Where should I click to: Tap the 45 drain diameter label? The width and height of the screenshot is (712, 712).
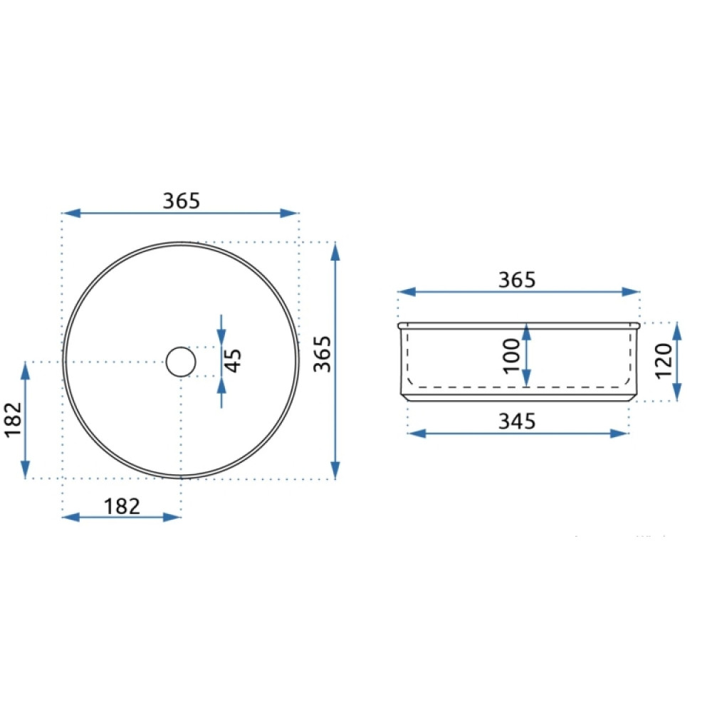tap(233, 361)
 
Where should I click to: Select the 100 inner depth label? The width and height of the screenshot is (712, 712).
tap(512, 356)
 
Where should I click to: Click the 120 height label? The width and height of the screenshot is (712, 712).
tap(664, 360)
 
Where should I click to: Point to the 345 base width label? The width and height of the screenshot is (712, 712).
tap(517, 422)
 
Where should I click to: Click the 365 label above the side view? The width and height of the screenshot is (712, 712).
tap(517, 280)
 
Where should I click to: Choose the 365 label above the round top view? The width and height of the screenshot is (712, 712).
tap(181, 201)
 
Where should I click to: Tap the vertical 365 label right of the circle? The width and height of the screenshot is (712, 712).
tap(323, 354)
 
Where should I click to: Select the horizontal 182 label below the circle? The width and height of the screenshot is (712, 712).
tap(122, 506)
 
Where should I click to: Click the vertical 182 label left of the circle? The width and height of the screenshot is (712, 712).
tap(14, 419)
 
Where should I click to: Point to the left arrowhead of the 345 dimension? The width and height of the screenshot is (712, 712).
tap(417, 433)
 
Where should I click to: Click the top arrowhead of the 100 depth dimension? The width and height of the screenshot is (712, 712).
tap(526, 332)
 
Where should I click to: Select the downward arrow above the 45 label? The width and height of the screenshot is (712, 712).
tap(221, 330)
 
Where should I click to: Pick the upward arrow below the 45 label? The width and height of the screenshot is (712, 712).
tap(221, 393)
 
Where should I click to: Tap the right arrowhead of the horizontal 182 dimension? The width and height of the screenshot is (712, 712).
tap(172, 517)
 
